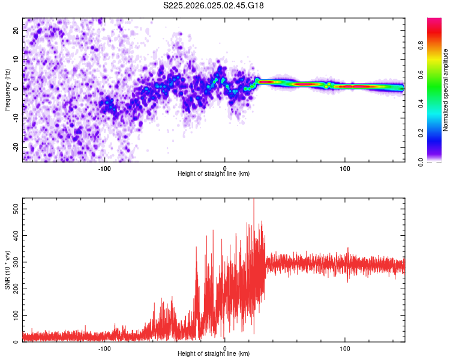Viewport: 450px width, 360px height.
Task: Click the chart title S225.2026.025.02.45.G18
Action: pyautogui.click(x=214, y=5)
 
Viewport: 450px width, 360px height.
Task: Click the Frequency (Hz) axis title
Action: pyautogui.click(x=7, y=90)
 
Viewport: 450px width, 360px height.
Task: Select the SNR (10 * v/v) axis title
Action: pyautogui.click(x=7, y=270)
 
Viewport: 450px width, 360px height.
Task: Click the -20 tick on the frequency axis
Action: pyautogui.click(x=15, y=147)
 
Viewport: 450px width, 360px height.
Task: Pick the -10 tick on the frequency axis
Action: pyautogui.click(x=15, y=118)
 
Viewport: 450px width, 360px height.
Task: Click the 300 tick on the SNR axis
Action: pyautogui.click(x=14, y=262)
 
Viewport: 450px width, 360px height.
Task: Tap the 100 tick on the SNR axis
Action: pyautogui.click(x=14, y=315)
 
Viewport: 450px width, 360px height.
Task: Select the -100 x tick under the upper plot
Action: pyautogui.click(x=104, y=168)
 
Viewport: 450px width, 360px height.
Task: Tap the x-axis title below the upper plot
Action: pyautogui.click(x=214, y=174)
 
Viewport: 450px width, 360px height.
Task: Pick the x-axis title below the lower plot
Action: pyautogui.click(x=214, y=354)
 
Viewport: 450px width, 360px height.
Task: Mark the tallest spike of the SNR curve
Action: pyautogui.click(x=254, y=200)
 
